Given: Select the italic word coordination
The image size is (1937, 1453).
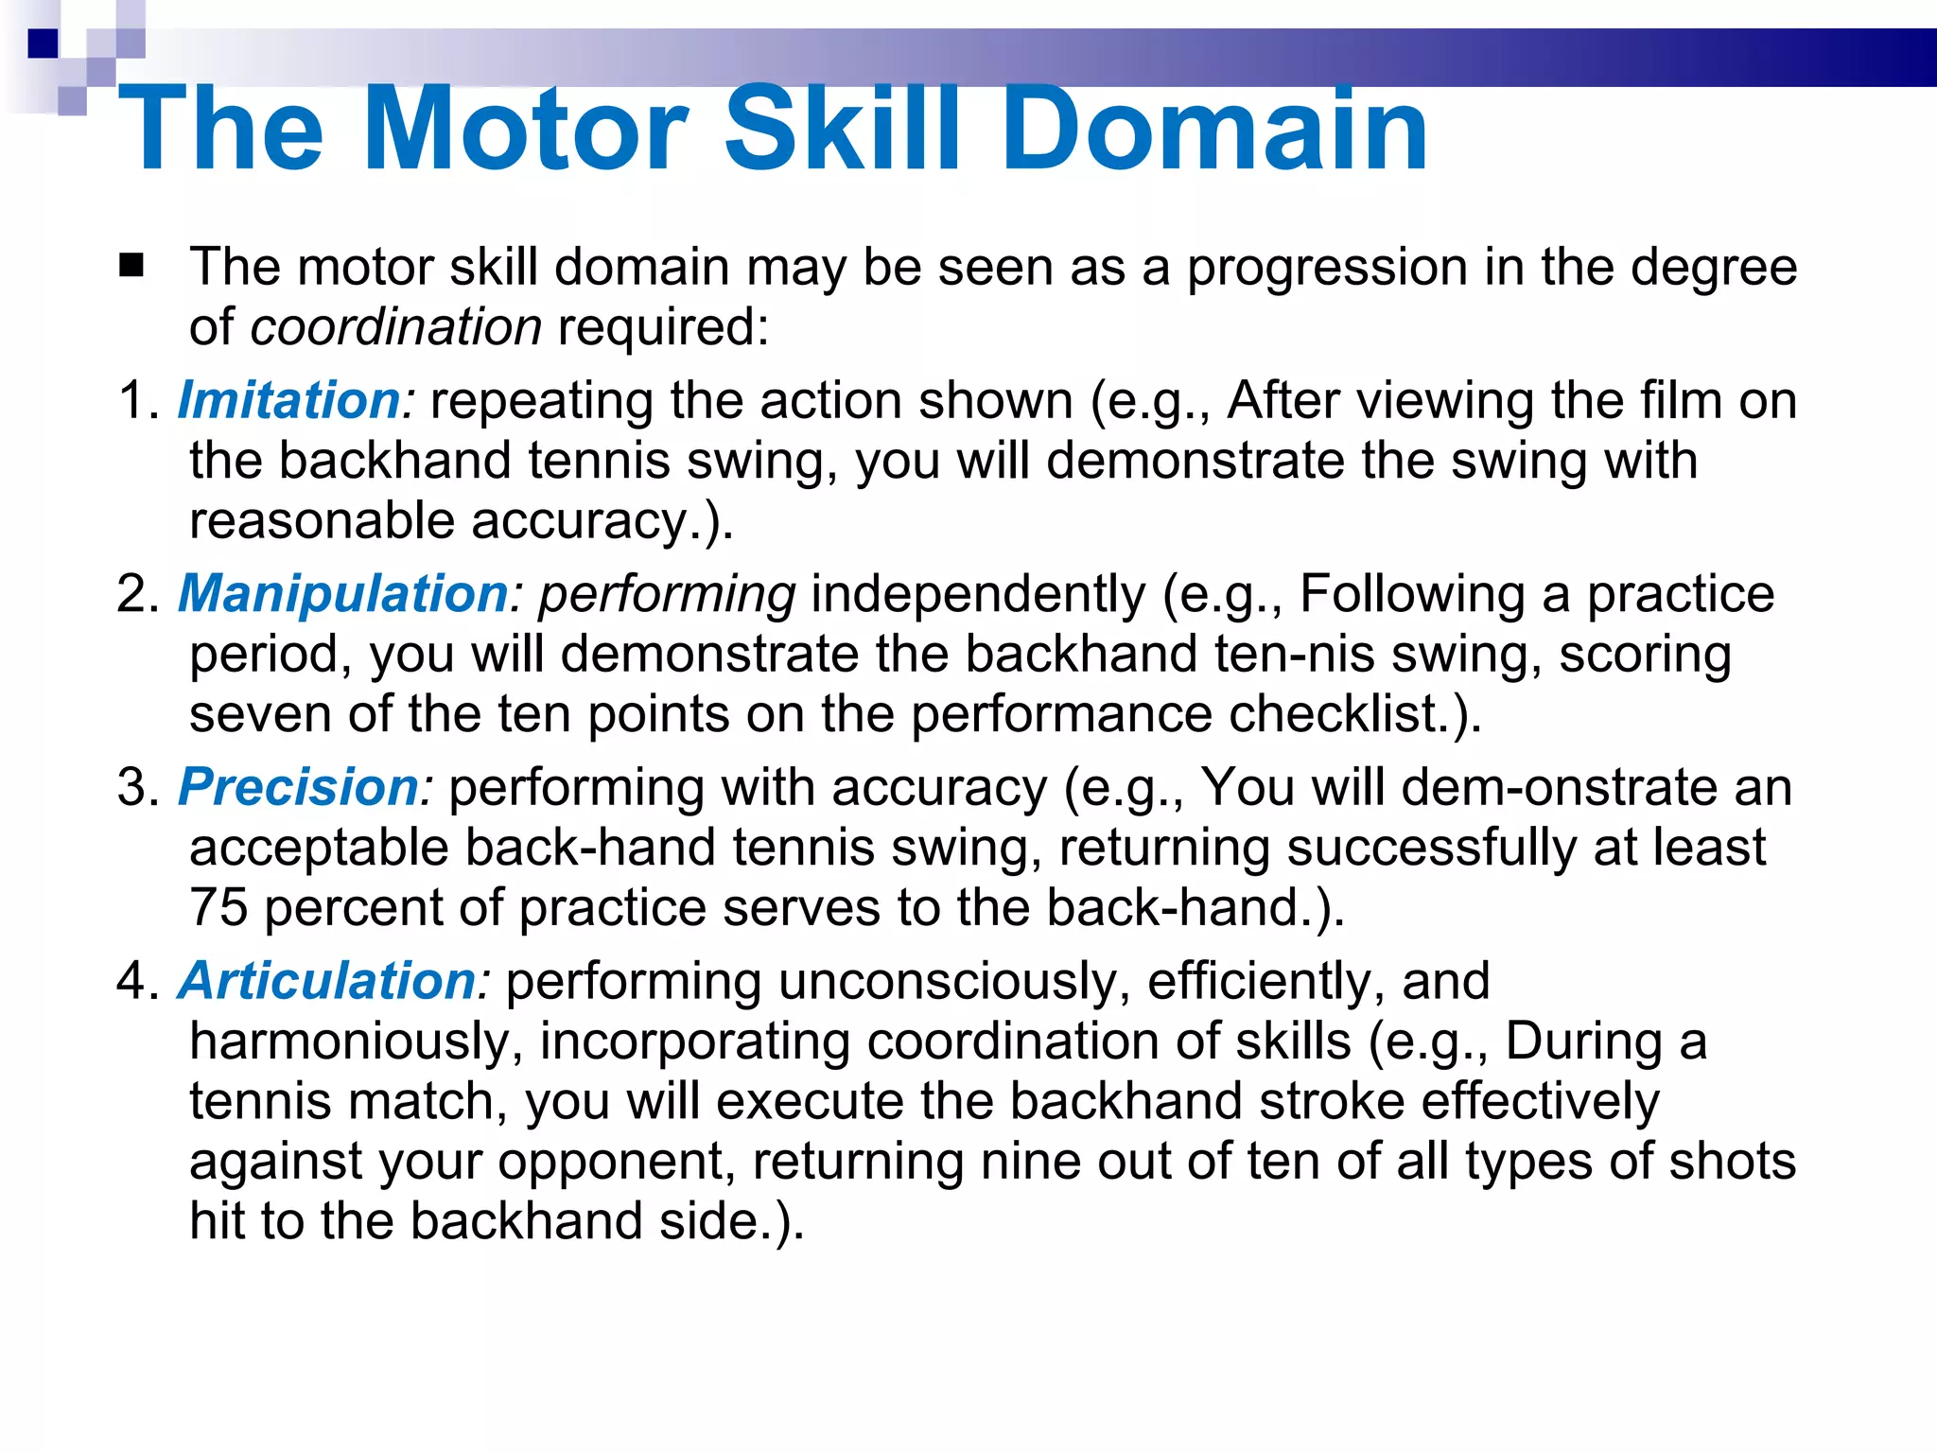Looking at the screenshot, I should (395, 327).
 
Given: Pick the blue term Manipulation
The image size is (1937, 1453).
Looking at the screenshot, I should (343, 594).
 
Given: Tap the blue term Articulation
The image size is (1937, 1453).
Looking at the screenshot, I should (327, 981).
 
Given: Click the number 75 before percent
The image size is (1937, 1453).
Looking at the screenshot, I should (218, 907).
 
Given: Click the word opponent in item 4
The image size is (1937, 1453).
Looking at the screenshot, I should (615, 1163).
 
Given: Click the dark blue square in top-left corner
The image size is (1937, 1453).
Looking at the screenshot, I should (43, 44).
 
